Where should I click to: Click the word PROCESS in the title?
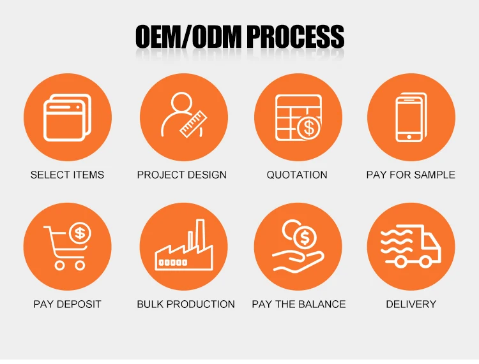coord(295,38)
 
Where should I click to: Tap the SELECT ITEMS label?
coord(67,175)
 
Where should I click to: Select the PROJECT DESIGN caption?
coord(182,175)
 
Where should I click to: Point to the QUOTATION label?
coord(297,175)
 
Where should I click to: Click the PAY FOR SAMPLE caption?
coord(411,175)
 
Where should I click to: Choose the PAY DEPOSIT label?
coord(67,304)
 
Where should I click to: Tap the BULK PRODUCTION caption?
coord(186,304)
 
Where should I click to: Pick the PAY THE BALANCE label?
coord(299,304)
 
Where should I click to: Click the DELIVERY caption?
coord(411,304)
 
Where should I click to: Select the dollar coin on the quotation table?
coord(309,127)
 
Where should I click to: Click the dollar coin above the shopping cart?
coord(80,233)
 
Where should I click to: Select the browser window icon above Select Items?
coord(66,117)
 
